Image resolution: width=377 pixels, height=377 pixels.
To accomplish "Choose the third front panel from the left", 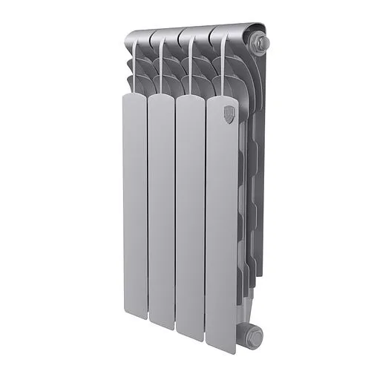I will pyautogui.click(x=191, y=215).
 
